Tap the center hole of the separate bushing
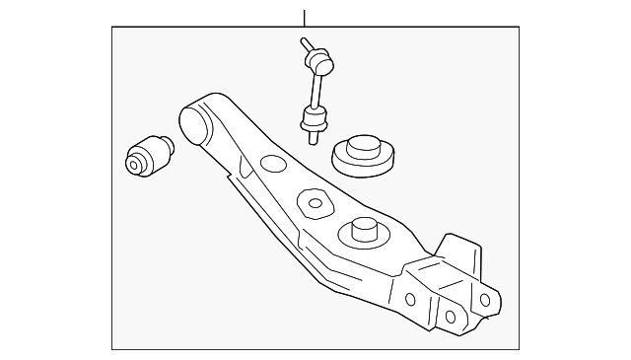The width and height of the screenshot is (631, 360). (137, 161)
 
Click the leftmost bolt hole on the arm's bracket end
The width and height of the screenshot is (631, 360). (410, 300)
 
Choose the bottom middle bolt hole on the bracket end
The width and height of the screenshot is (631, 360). (450, 316)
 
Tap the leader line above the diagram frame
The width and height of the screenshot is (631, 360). (305, 17)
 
